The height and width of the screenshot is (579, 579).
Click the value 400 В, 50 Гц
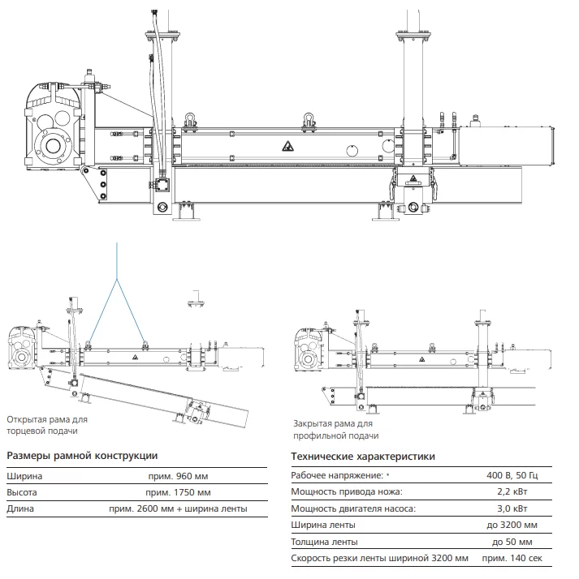click(512, 475)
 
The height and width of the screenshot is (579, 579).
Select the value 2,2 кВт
click(512, 492)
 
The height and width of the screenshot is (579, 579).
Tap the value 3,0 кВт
click(512, 508)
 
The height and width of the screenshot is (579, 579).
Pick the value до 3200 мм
click(512, 525)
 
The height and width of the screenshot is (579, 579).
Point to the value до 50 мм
click(512, 542)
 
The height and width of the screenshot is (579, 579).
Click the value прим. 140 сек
click(512, 558)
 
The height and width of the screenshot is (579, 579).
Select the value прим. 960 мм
click(178, 476)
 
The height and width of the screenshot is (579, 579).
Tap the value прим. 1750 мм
click(178, 492)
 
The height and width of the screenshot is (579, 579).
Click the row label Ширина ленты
click(323, 525)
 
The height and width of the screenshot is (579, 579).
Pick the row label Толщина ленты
click(324, 542)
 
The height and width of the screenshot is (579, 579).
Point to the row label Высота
click(22, 492)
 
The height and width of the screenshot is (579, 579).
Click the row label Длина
click(20, 508)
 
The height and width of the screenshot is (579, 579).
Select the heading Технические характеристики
click(363, 457)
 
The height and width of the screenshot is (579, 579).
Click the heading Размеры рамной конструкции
click(82, 456)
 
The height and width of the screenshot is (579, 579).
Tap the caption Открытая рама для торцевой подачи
click(47, 425)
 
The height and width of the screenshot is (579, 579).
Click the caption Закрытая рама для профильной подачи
click(335, 430)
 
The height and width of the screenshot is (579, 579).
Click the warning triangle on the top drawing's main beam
click(288, 146)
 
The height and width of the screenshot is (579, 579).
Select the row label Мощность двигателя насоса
click(353, 508)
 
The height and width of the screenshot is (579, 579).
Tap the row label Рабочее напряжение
click(337, 475)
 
